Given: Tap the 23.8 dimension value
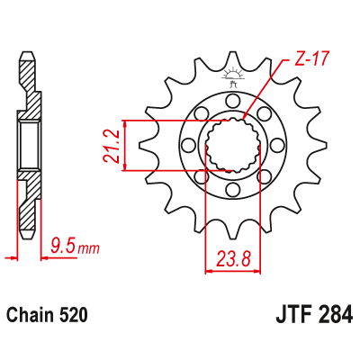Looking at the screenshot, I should pos(233,262).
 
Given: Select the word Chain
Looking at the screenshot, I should pos(30,317).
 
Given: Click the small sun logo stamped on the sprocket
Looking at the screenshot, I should pos(234,74).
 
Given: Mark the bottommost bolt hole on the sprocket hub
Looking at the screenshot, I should pos(234,191).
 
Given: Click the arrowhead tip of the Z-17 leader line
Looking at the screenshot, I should pos(245,119).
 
